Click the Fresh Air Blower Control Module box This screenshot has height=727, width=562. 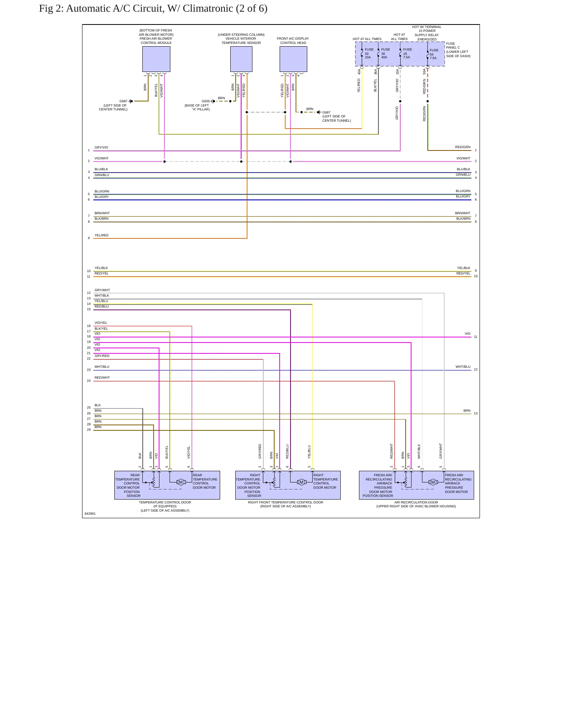(x=156, y=59)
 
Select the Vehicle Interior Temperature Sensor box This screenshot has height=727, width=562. (x=241, y=59)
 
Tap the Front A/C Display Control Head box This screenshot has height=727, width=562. (x=293, y=59)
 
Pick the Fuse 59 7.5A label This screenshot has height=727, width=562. (x=434, y=54)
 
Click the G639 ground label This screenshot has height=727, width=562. (x=205, y=101)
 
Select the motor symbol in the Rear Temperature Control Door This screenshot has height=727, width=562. (x=180, y=482)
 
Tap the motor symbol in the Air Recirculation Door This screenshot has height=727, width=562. (x=432, y=482)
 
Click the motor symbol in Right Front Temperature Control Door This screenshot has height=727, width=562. (x=301, y=482)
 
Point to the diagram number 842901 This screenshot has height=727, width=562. (x=90, y=514)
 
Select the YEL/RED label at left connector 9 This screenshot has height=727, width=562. (x=102, y=235)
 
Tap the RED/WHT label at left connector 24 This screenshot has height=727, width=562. (x=102, y=377)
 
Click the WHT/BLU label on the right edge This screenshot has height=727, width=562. (x=463, y=367)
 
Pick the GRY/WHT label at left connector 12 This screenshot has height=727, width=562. (x=102, y=290)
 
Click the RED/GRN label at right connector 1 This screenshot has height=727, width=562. (x=463, y=147)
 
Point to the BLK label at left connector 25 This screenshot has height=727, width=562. (x=98, y=405)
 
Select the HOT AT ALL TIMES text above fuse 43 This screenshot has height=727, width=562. (x=367, y=39)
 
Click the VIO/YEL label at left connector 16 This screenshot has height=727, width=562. (x=101, y=323)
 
